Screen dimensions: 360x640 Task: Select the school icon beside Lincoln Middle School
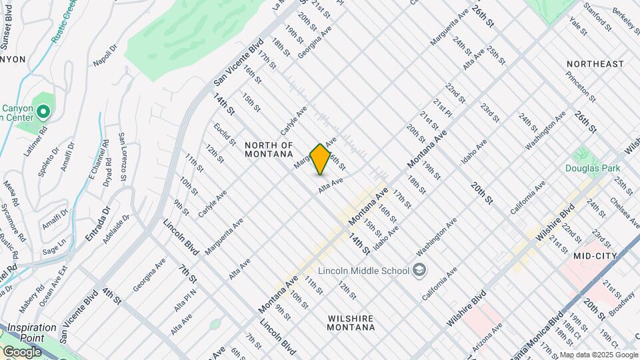point(419,269)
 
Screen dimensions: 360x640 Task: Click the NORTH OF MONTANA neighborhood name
point(269,149)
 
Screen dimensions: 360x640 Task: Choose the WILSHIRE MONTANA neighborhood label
point(351,323)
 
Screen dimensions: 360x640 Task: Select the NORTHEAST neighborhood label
point(595,64)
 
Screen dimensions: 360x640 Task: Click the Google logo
point(23,351)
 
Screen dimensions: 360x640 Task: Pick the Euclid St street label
point(225,134)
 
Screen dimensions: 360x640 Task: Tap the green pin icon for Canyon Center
point(44,111)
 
